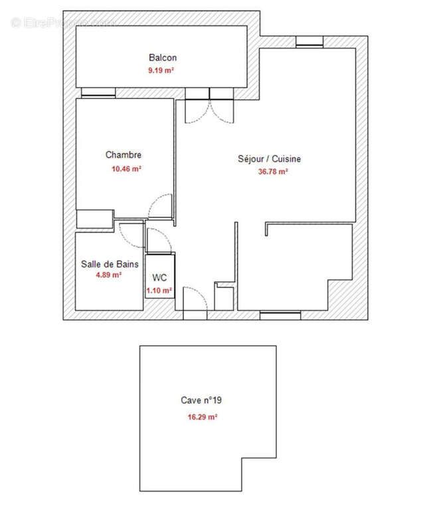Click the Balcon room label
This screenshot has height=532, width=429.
pyautogui.click(x=163, y=58)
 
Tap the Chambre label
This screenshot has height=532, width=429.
pyautogui.click(x=124, y=155)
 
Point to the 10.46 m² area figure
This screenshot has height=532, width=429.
pyautogui.click(x=126, y=169)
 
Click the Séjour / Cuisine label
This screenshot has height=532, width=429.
pyautogui.click(x=270, y=159)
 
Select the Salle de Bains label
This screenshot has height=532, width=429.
pyautogui.click(x=110, y=264)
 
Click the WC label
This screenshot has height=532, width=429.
pyautogui.click(x=159, y=277)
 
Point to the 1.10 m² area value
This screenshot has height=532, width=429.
pyautogui.click(x=159, y=290)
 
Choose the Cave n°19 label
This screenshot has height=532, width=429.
pyautogui.click(x=206, y=400)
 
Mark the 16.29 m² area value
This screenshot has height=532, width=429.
pyautogui.click(x=203, y=417)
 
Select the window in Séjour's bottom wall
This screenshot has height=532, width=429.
pyautogui.click(x=275, y=315)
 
